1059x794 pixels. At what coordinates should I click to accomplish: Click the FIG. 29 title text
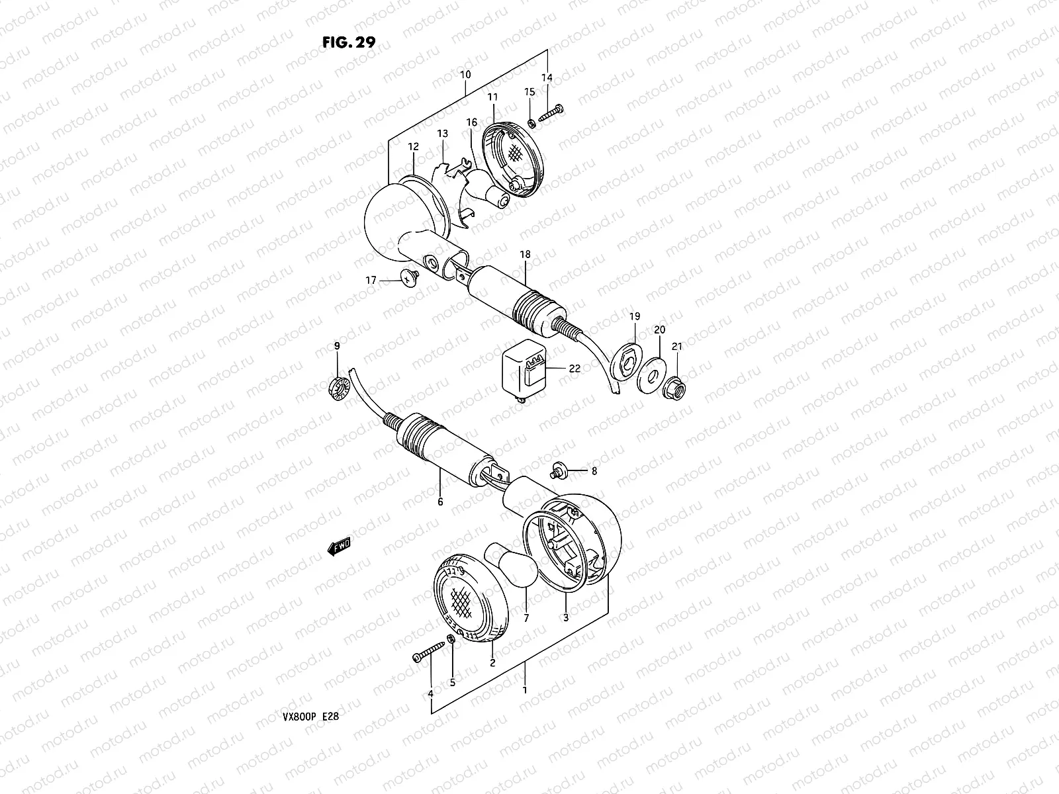click(349, 42)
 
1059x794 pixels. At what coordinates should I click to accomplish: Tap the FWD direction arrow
click(339, 547)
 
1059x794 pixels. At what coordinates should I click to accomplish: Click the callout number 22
click(575, 369)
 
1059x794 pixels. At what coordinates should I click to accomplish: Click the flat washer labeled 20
click(652, 375)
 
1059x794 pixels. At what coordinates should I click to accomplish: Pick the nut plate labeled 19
click(625, 361)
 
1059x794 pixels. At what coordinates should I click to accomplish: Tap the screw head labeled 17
click(410, 278)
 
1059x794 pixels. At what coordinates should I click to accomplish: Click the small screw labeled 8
click(559, 469)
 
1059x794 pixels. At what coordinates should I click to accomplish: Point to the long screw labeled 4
click(428, 651)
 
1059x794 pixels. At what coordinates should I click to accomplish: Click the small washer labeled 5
click(451, 639)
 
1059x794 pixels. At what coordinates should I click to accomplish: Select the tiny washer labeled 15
click(531, 124)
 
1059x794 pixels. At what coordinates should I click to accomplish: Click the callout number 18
click(525, 254)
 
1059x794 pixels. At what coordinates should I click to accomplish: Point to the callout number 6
click(440, 502)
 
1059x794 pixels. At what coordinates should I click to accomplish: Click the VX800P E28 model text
click(310, 717)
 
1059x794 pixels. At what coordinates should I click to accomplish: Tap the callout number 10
click(465, 75)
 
